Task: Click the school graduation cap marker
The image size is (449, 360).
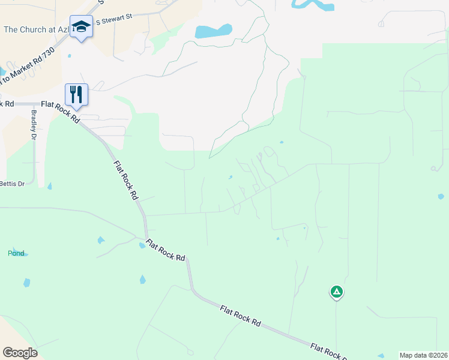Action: coord(81,26)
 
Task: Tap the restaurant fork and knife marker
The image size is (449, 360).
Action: coord(76,95)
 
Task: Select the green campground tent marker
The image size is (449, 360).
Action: coord(337,292)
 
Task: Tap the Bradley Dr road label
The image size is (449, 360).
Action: coord(34,124)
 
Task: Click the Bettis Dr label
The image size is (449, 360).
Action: coord(11,183)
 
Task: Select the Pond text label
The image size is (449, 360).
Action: coord(16,253)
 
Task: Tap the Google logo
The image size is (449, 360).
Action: coord(20,352)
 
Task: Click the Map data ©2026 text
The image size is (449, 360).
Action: coord(423,355)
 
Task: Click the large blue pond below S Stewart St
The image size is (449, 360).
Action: coord(213,31)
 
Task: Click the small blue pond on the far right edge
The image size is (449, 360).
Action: coord(441,196)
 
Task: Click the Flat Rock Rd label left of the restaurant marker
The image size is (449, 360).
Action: coord(7,104)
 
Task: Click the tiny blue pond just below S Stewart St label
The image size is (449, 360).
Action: coord(69,56)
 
